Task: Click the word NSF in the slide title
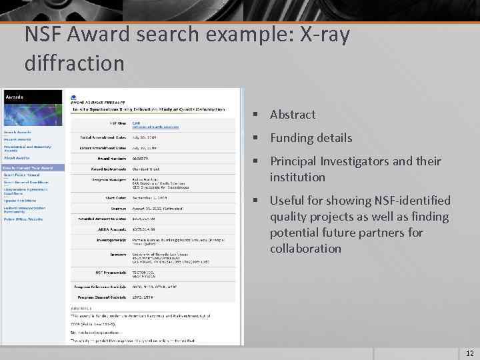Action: (44, 35)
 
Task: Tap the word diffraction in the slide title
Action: (74, 63)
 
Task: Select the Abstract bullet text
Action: (293, 115)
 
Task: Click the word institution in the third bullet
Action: (297, 177)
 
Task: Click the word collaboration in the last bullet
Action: (305, 249)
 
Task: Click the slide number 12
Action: (469, 353)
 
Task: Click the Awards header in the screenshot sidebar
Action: (15, 97)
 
